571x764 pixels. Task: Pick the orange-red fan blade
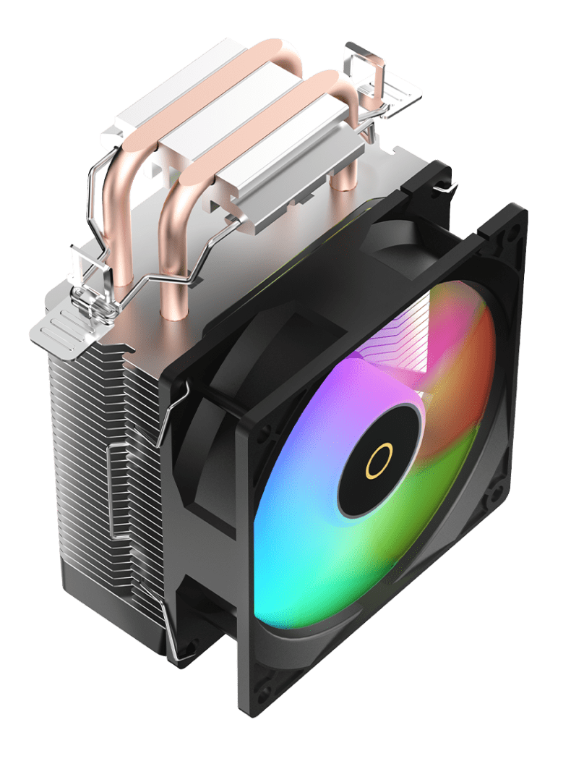[x=463, y=376]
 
